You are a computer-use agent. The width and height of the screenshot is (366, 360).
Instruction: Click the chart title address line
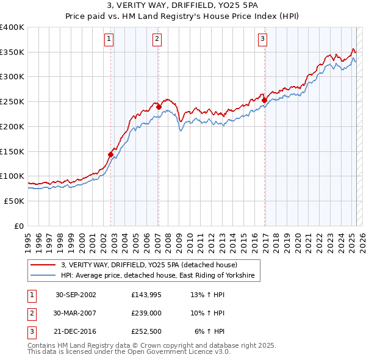click(x=183, y=7)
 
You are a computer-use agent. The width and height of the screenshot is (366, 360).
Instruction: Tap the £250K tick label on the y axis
click(x=12, y=102)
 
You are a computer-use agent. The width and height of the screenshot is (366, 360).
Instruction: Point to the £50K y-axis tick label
click(x=14, y=201)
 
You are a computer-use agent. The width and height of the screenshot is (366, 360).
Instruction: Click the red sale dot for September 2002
click(x=111, y=154)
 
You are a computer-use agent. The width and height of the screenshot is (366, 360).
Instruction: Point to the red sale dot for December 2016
click(x=264, y=101)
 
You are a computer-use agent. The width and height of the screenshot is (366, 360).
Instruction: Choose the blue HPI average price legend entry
click(x=160, y=276)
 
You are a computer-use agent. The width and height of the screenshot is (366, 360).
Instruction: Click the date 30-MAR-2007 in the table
click(x=76, y=313)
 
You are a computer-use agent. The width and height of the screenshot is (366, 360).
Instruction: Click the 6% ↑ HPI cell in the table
click(x=210, y=331)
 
